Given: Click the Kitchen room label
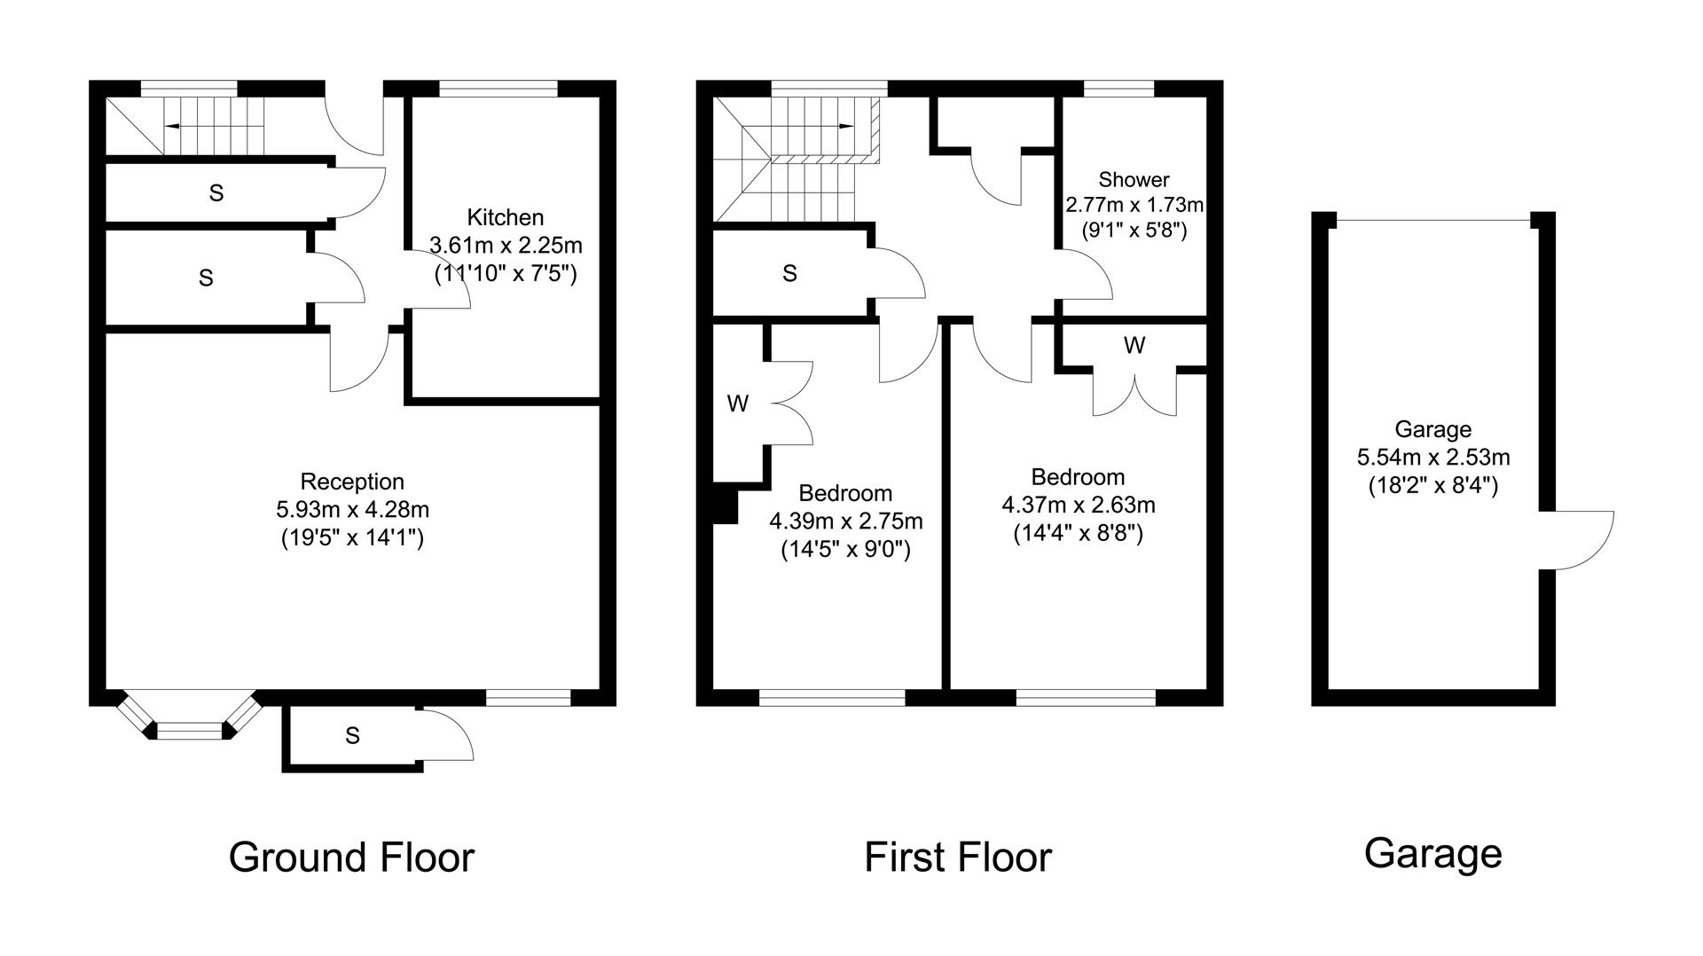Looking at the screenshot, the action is (505, 217).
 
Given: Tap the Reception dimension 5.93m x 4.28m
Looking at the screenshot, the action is (353, 510).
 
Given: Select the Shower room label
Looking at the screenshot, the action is (1134, 180).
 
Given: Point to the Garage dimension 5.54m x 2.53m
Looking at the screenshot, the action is (1433, 458).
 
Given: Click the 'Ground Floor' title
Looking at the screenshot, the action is (352, 858).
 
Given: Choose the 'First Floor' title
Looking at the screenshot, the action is (958, 858).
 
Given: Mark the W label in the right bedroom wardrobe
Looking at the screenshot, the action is (1134, 346).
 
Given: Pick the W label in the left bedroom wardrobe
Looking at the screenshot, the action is (737, 404).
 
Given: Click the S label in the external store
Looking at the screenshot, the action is (352, 735).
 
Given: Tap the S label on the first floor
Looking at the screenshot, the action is (789, 273).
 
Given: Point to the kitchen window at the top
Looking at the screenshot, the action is (498, 88).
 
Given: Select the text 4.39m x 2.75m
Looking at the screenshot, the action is (846, 521).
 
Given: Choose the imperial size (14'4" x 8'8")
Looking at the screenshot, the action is (1079, 534).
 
